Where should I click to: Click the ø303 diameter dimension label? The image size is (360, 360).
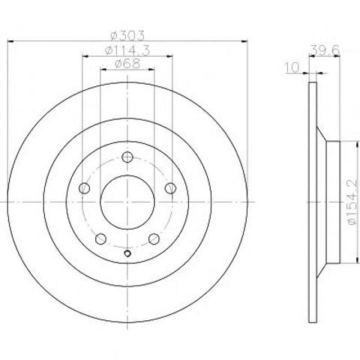coord(127,36)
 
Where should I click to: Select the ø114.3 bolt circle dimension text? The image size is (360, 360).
coord(127,51)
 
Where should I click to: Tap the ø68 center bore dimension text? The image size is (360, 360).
coord(127,64)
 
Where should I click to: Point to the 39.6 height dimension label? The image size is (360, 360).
coord(325,50)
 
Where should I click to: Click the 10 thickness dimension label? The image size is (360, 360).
coord(292,67)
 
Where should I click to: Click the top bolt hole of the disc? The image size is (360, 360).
coord(127,157)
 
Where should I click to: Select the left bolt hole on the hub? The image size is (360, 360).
coord(84,188)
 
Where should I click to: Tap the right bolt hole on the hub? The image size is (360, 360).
coord(171,188)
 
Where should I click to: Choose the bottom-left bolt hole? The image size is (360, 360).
coord(100,239)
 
